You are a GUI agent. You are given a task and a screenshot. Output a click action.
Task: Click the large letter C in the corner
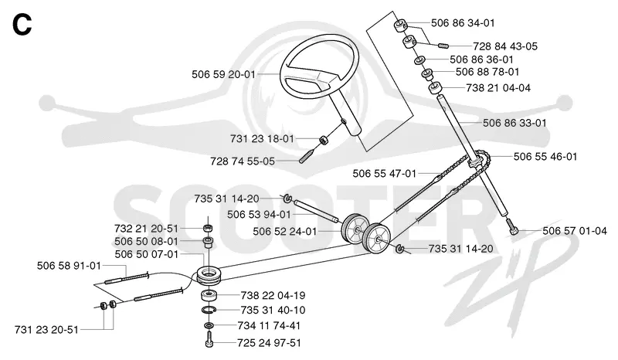point(22,25)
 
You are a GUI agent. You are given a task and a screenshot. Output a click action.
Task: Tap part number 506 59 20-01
point(223,74)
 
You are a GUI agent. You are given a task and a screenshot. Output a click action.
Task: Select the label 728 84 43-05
point(505,46)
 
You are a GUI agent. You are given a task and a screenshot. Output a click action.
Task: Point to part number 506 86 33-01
point(514,123)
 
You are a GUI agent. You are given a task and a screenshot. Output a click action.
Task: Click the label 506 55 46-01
point(545,157)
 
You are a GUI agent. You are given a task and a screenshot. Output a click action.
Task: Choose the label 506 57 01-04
point(575,231)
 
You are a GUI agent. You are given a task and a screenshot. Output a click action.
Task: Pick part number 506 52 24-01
point(284,232)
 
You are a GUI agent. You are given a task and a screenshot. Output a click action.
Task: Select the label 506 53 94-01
point(259,215)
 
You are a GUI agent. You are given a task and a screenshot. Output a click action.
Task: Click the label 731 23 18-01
point(262,139)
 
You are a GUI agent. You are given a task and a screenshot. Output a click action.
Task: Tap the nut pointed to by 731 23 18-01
point(324,140)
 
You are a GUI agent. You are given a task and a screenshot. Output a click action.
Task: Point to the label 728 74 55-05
point(243,161)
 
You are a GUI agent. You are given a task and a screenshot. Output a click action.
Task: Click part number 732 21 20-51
point(146,229)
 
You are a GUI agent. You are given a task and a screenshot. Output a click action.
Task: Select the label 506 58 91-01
point(69,266)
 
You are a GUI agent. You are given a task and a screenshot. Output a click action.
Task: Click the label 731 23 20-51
point(46,330)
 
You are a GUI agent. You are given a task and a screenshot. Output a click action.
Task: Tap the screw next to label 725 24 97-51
point(209,340)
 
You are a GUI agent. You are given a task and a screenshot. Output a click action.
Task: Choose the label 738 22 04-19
point(273,295)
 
